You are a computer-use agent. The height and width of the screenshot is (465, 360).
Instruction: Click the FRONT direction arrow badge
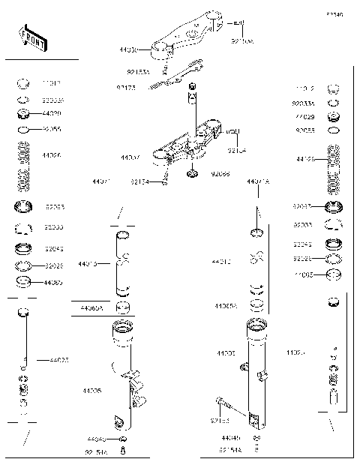[x=33, y=38]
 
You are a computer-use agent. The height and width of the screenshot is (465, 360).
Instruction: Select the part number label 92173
[x=126, y=88]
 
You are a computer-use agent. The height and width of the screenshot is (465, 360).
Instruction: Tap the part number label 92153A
[x=138, y=73]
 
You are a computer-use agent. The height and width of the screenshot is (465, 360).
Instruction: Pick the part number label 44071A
[x=258, y=181]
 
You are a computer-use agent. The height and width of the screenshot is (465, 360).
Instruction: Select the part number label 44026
[x=52, y=155]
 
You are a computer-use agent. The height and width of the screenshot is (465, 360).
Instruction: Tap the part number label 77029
[x=304, y=117]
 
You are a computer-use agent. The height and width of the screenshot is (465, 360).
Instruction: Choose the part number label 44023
[x=59, y=361]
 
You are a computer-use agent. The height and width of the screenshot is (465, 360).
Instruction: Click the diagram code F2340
[x=334, y=14]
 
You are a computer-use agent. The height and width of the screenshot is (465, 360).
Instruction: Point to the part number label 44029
[x=52, y=113]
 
